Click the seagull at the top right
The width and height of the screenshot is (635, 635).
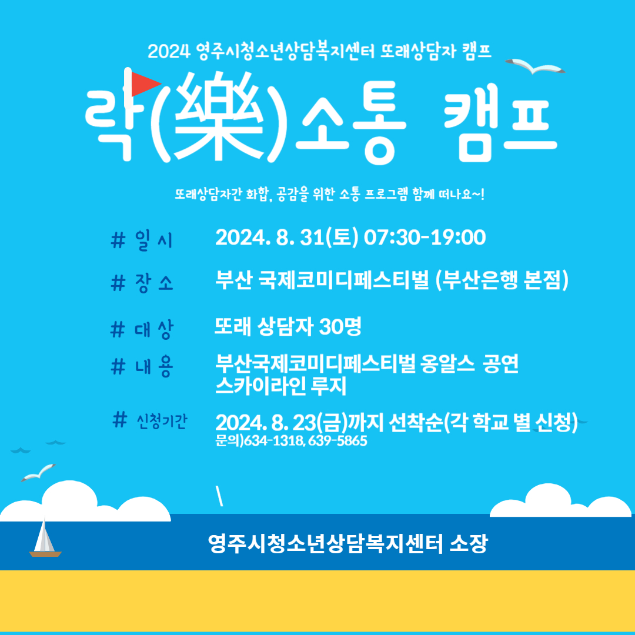pyautogui.click(x=534, y=66)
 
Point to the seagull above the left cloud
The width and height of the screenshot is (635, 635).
pyautogui.click(x=38, y=472)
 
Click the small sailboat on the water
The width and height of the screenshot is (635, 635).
pyautogui.click(x=45, y=537)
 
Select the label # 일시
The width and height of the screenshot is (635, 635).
pyautogui.click(x=142, y=240)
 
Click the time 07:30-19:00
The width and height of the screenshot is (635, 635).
pyautogui.click(x=425, y=238)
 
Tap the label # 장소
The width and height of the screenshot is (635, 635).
pyautogui.click(x=142, y=282)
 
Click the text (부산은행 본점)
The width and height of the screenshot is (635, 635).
pyautogui.click(x=502, y=280)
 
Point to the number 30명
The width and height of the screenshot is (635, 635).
pyautogui.click(x=340, y=326)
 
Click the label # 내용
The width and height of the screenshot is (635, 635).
pyautogui.click(x=142, y=366)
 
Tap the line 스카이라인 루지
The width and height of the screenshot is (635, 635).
pyautogui.click(x=280, y=386)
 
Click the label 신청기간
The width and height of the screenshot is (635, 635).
pyautogui.click(x=162, y=422)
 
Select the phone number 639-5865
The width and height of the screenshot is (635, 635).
pyautogui.click(x=337, y=440)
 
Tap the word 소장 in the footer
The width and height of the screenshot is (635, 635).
pyautogui.click(x=469, y=543)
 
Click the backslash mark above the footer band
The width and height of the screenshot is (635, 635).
pyautogui.click(x=219, y=497)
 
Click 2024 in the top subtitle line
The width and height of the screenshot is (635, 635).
pyautogui.click(x=169, y=52)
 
